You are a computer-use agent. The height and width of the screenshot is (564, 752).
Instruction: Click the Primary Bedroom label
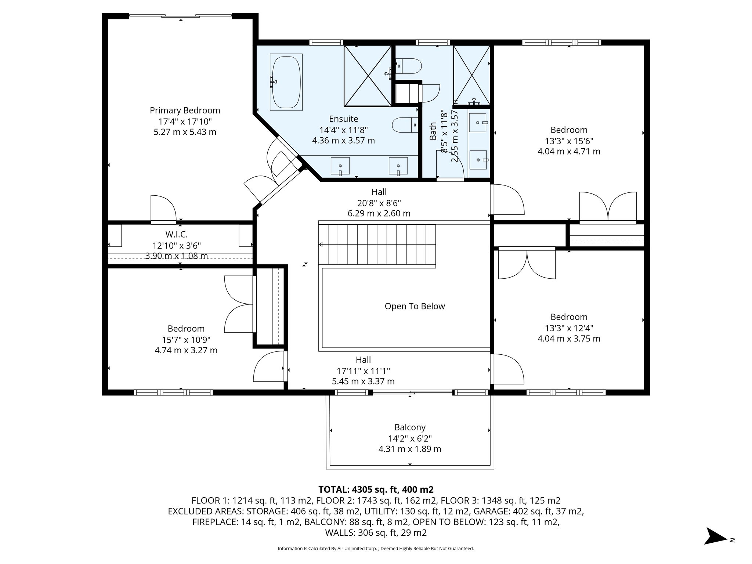coord(185,111)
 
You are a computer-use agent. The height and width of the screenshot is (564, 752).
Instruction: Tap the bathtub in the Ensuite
coord(286,82)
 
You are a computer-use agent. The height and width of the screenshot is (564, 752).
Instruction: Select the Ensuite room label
coord(343,119)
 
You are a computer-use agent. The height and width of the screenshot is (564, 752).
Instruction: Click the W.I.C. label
coord(177,234)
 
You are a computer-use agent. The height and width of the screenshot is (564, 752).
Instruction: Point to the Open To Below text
coord(415,306)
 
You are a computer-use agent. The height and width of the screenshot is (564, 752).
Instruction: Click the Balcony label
coord(410,427)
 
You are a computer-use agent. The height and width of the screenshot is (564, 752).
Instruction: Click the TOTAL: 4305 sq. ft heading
coord(376,489)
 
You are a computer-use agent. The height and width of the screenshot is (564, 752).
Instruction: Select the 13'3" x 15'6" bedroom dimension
coord(569,141)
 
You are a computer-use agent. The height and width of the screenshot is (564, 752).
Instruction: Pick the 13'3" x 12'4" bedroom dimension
coord(569,328)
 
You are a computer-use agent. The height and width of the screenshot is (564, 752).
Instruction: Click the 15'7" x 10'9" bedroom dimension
coord(186,340)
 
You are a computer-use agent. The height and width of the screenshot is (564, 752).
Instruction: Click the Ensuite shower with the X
coord(368,76)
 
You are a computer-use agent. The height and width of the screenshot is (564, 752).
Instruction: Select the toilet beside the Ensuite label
coord(405,125)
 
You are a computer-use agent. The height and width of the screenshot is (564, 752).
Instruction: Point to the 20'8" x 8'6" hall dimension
coord(379,203)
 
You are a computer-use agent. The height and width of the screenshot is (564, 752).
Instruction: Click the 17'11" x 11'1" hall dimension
coord(363,371)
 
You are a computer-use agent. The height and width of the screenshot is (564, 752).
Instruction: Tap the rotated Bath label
coord(433,131)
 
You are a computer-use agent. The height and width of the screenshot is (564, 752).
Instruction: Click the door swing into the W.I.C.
coord(163,208)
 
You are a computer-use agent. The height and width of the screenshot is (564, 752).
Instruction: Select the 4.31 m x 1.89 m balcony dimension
coord(410,449)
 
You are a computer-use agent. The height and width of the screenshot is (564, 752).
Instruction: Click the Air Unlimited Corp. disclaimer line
coord(376,549)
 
